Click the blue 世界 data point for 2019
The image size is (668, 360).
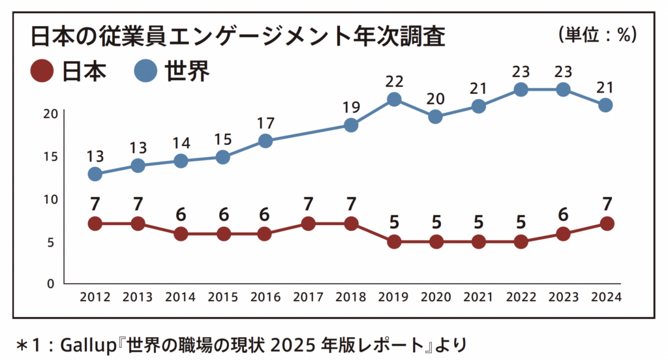coord(393,100)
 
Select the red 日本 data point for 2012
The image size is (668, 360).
coord(95,224)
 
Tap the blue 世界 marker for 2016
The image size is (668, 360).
coord(266,141)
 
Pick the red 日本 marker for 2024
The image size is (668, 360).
coord(607,224)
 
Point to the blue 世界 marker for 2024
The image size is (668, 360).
coord(605,105)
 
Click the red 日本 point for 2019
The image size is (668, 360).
coord(393,242)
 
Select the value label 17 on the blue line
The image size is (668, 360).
coord(266,123)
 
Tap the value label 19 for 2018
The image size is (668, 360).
coord(351,107)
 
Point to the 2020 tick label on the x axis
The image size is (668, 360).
coord(436,297)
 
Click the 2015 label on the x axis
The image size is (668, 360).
coord(223,297)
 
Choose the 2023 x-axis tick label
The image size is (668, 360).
coord(563,297)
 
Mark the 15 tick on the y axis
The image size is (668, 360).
coord(50,157)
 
